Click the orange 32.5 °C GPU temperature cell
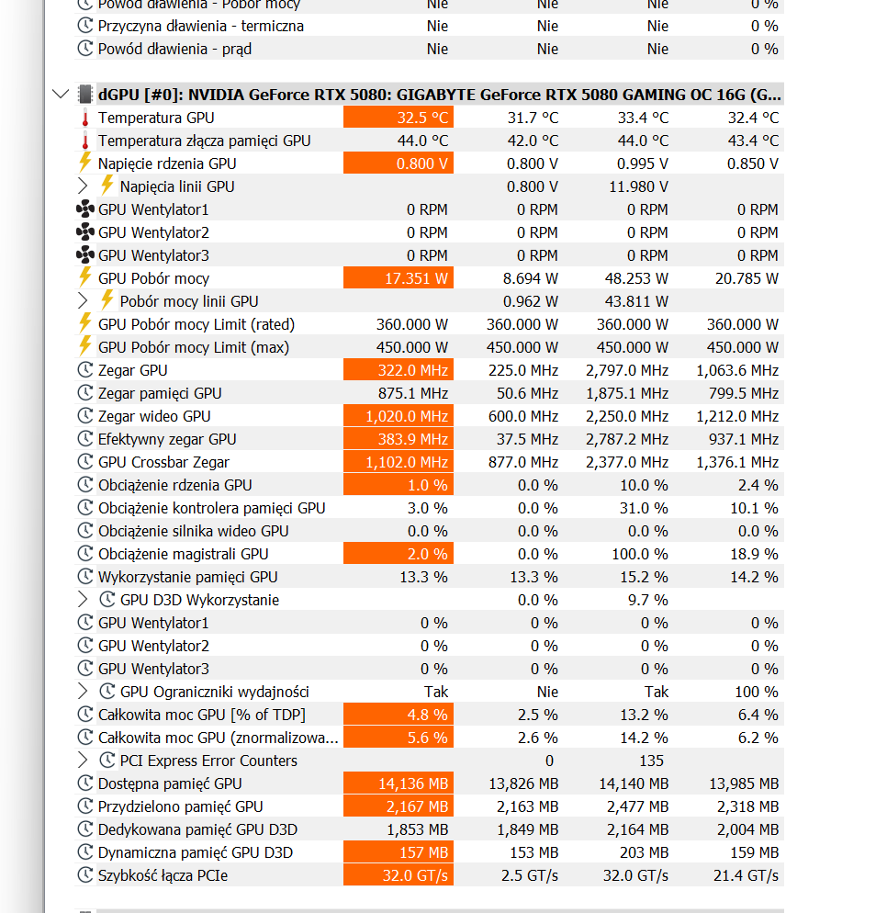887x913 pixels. point(398,118)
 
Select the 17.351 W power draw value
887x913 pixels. point(398,278)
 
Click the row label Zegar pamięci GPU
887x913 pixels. point(160,393)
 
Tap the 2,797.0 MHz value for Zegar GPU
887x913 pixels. point(628,370)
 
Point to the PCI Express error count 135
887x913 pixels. point(652,761)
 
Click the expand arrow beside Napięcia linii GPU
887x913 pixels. point(84,186)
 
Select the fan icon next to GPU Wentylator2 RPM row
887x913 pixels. point(85,232)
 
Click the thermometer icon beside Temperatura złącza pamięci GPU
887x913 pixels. point(85,141)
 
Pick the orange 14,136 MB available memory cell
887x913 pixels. point(398,783)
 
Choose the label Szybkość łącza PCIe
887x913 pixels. point(163,875)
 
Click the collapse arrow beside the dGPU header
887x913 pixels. point(61,94)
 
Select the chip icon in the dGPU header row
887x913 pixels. point(85,94)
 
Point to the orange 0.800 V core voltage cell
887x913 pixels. point(398,163)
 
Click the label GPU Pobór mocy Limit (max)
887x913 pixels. point(193,347)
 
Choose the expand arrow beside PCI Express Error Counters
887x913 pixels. point(84,761)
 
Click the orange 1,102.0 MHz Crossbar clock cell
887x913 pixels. point(398,462)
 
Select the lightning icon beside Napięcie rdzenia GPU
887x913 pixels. point(85,163)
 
